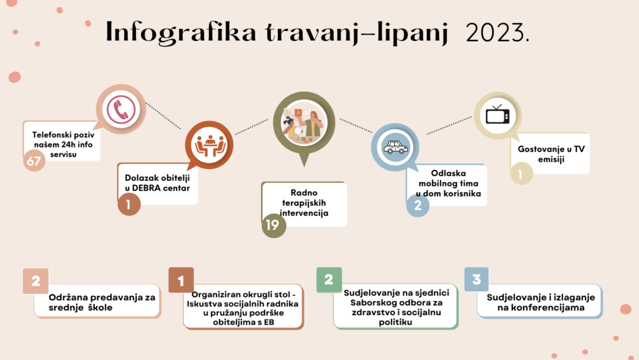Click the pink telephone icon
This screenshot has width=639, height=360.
pyautogui.click(x=121, y=109)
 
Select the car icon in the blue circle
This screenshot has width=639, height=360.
pyautogui.click(x=395, y=147)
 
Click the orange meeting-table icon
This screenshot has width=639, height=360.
pyautogui.click(x=210, y=145)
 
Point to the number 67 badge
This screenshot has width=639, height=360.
pyautogui.click(x=34, y=160)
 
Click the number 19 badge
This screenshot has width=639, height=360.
pyautogui.click(x=273, y=225)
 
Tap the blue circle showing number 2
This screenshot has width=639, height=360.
pyautogui.click(x=417, y=205)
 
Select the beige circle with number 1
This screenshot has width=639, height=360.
pyautogui.click(x=521, y=174)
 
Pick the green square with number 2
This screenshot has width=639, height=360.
pyautogui.click(x=329, y=280)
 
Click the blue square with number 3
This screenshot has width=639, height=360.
pyautogui.click(x=476, y=280)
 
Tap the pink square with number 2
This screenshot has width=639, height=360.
pyautogui.click(x=36, y=281)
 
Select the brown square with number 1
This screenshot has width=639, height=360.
pyautogui.click(x=181, y=280)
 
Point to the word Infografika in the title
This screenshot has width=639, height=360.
pyautogui.click(x=180, y=32)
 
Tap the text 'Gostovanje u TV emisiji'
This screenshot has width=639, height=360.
pyautogui.click(x=551, y=154)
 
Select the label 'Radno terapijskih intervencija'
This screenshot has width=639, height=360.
pyautogui.click(x=304, y=202)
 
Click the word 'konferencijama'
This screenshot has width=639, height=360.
pyautogui.click(x=541, y=308)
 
